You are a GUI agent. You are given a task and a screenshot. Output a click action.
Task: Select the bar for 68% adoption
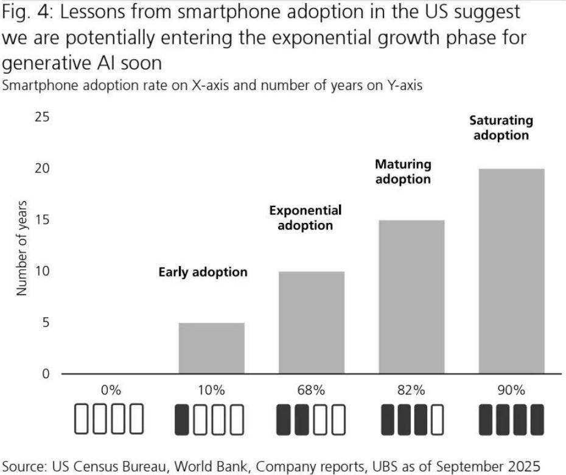pos(311,322)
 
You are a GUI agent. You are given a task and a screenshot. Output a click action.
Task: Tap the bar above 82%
pos(411,297)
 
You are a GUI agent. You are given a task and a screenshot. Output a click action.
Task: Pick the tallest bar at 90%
pos(511,271)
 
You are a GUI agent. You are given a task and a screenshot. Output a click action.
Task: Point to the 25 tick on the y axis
pos(42,117)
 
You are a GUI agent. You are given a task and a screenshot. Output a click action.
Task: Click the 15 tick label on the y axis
pos(42,220)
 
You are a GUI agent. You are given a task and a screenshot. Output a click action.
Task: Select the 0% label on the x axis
pos(111,391)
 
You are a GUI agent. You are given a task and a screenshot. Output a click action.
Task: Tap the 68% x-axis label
pos(311,391)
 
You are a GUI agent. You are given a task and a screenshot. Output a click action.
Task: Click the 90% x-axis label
pos(511,391)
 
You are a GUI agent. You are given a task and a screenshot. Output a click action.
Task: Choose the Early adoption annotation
pos(203,272)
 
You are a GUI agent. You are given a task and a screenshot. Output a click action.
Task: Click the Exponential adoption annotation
pos(306,218)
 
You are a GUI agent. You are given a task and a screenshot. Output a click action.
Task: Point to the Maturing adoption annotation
pos(403,172)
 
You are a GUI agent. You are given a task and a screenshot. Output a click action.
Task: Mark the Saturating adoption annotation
pos(501,128)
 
